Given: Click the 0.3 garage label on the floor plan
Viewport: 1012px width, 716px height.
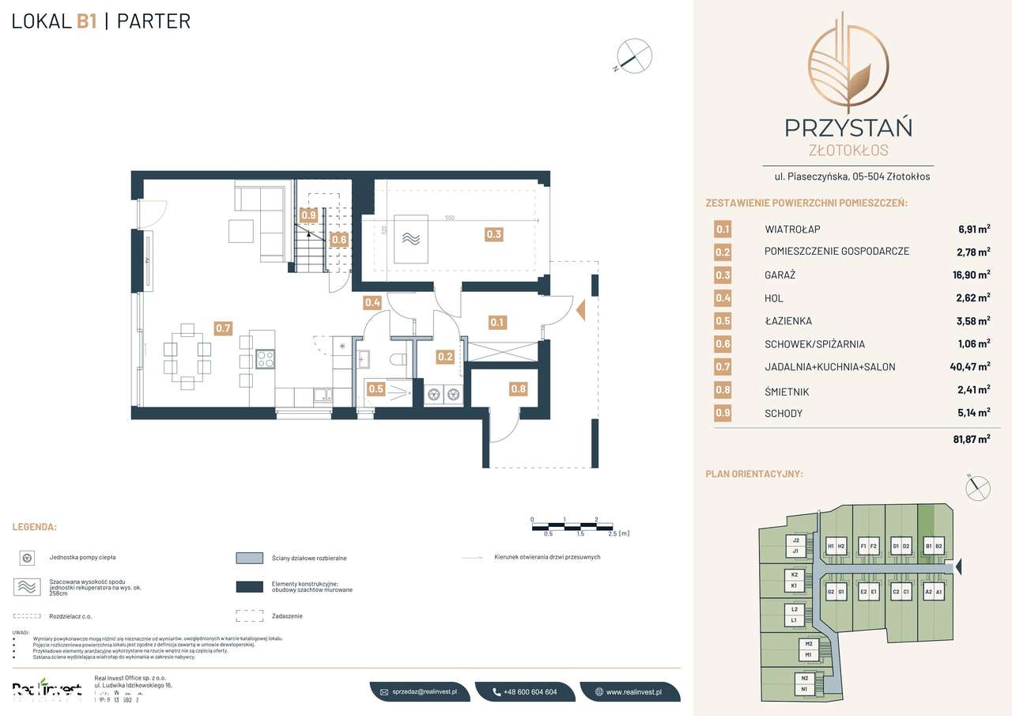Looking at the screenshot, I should [x=494, y=234].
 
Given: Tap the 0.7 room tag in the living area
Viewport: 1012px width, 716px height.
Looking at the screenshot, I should [x=223, y=328].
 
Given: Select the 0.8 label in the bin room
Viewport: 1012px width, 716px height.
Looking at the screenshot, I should [x=518, y=388].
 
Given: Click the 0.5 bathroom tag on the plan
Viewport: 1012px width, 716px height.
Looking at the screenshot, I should [x=376, y=388].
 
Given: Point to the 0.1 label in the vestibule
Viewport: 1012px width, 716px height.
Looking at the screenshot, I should [x=497, y=322].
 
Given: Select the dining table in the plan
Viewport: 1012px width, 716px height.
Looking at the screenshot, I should [x=188, y=354].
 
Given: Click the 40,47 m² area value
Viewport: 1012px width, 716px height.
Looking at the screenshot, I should [x=969, y=366].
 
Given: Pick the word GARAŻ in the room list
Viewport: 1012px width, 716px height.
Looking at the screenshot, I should [x=780, y=275].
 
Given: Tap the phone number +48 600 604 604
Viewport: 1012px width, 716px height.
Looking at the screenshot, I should [x=525, y=691].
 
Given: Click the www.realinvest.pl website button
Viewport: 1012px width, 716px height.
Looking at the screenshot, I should [x=631, y=691].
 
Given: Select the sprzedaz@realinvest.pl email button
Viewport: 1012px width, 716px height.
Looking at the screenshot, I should [x=420, y=691].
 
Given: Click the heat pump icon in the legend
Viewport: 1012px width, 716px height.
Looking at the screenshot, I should [x=27, y=558].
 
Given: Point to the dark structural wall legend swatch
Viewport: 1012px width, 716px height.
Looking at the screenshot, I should [x=249, y=586].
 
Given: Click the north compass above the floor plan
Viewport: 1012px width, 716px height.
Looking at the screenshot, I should [x=635, y=55].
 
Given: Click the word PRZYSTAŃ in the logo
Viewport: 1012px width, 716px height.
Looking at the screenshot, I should [x=848, y=127].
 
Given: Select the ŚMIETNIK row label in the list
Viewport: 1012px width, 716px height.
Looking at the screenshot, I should [x=787, y=392].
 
